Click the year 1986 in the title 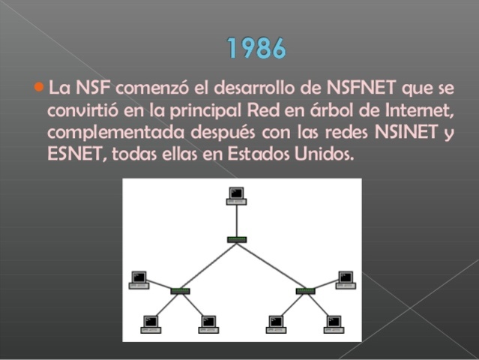pos(256,49)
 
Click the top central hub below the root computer pos(237,239)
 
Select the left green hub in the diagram pos(180,290)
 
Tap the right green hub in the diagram pos(305,290)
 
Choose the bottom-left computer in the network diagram pos(151,323)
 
